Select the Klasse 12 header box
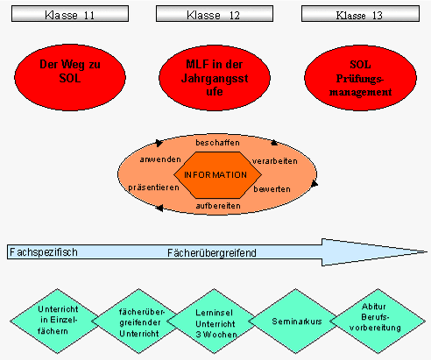coord(215,15)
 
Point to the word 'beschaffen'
coord(216,141)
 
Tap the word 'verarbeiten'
coord(274,161)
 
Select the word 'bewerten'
coord(272,188)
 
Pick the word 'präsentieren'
coord(152,187)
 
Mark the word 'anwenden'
coord(159,160)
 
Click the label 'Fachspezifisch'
coord(44,252)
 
